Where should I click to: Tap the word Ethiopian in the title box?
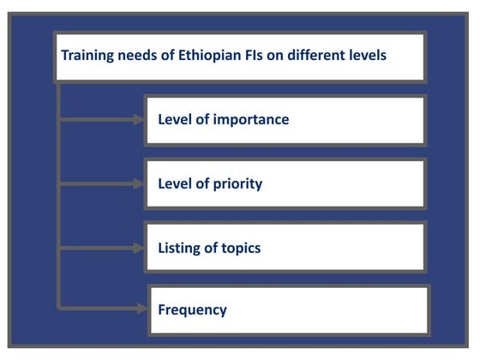coord(196,56)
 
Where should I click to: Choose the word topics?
coord(241,248)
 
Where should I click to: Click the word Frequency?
coord(193,309)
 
